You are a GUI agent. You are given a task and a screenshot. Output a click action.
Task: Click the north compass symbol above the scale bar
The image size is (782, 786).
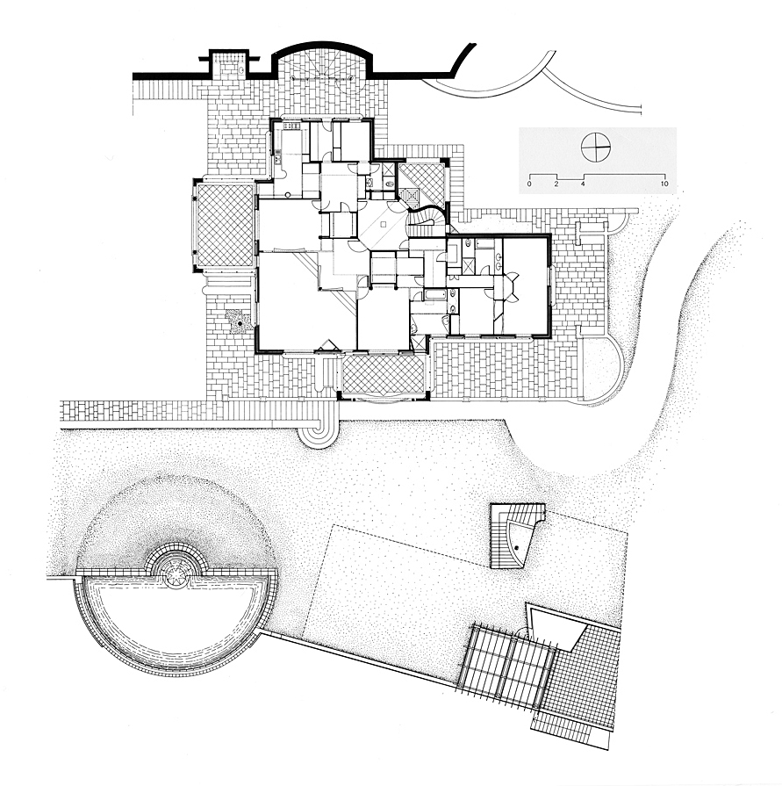(x=596, y=147)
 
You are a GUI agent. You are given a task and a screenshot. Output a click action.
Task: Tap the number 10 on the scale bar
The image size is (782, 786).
(x=664, y=184)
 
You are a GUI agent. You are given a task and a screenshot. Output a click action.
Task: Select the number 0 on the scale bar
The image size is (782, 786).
(x=529, y=184)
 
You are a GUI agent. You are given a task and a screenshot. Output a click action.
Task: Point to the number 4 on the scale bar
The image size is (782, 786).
(x=583, y=184)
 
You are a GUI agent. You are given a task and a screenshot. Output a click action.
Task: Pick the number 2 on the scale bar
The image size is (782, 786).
(x=556, y=184)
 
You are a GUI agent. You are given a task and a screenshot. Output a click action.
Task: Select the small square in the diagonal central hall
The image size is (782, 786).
(x=384, y=226)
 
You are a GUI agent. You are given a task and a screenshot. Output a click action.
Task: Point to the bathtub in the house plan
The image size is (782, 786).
(x=434, y=294)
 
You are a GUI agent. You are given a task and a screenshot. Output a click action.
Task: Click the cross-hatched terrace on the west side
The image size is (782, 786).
(x=225, y=225)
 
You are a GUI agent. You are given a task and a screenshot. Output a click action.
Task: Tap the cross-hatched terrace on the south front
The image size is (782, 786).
(x=383, y=373)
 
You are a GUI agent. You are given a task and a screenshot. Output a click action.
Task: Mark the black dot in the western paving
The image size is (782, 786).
(x=240, y=324)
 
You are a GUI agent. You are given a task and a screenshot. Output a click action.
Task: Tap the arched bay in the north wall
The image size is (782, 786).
(x=323, y=61)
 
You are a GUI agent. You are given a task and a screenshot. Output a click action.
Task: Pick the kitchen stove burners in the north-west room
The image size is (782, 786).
(x=291, y=126)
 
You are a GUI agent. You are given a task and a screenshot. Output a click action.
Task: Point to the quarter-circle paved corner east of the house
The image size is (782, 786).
(x=603, y=370)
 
